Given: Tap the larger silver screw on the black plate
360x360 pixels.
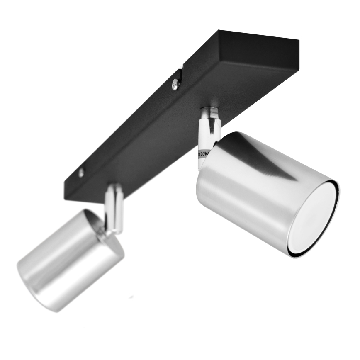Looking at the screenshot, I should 175,85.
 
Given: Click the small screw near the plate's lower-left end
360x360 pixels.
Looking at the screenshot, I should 81,173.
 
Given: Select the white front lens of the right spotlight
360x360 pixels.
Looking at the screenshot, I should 317,218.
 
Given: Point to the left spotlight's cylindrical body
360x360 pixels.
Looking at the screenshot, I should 66,261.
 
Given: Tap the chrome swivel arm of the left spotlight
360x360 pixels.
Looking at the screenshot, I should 114,207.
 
